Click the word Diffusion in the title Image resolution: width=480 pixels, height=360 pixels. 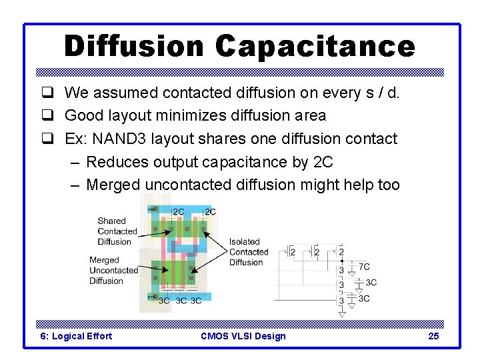[133, 46]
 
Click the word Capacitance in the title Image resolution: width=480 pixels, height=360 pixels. [315, 46]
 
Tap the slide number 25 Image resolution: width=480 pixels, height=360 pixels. [433, 336]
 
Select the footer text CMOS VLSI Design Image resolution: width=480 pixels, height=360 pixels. [243, 336]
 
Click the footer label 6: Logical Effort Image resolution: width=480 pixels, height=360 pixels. [77, 336]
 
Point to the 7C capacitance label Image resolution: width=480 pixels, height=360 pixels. [364, 267]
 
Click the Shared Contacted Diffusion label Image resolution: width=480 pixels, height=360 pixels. [117, 231]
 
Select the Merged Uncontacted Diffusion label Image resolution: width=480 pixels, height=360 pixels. [113, 270]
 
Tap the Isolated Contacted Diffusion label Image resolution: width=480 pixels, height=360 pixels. [248, 252]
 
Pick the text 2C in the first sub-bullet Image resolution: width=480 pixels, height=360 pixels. [320, 162]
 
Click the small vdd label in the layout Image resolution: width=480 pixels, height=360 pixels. [151, 209]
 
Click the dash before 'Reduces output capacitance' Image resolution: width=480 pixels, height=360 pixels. [75, 162]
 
